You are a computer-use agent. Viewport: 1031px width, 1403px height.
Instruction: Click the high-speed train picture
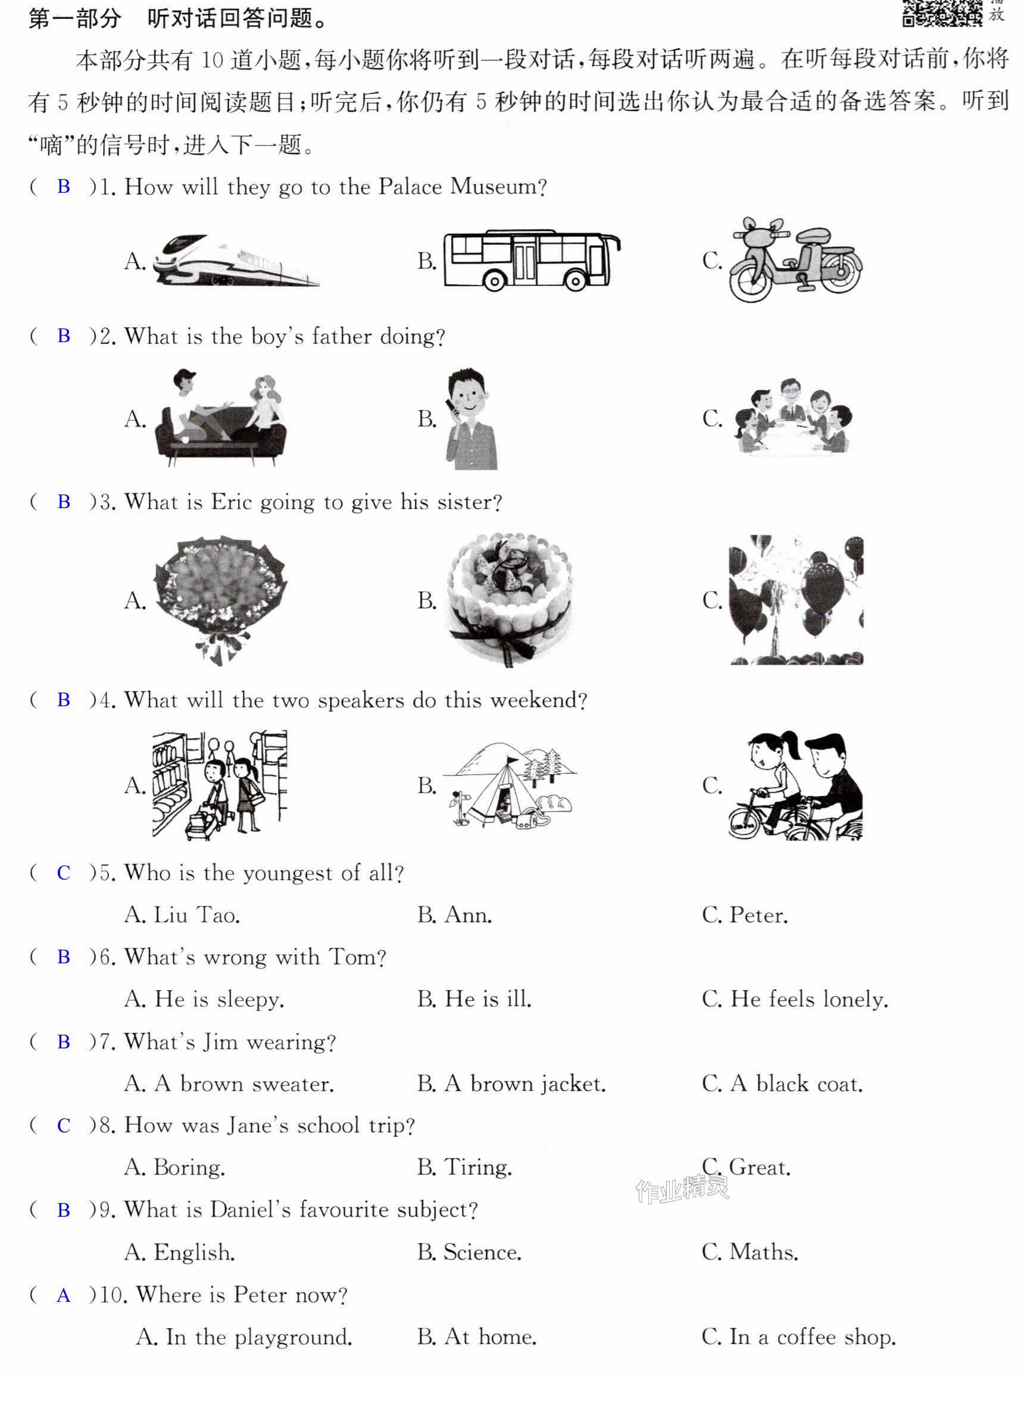(x=236, y=260)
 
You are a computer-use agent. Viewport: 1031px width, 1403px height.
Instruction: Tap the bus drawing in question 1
(x=532, y=259)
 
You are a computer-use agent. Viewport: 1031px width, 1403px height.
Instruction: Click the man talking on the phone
(x=471, y=419)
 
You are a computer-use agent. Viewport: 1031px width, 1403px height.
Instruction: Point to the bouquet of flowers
(x=220, y=600)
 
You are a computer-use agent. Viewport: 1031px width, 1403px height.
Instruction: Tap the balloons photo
(x=796, y=600)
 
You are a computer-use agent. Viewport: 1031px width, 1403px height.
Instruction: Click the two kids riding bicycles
(x=796, y=785)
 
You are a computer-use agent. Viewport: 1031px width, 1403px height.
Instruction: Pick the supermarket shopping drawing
(x=220, y=785)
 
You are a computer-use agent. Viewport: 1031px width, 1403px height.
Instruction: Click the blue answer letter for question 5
(x=64, y=873)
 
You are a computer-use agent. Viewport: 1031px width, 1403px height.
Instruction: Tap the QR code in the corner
(x=943, y=12)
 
